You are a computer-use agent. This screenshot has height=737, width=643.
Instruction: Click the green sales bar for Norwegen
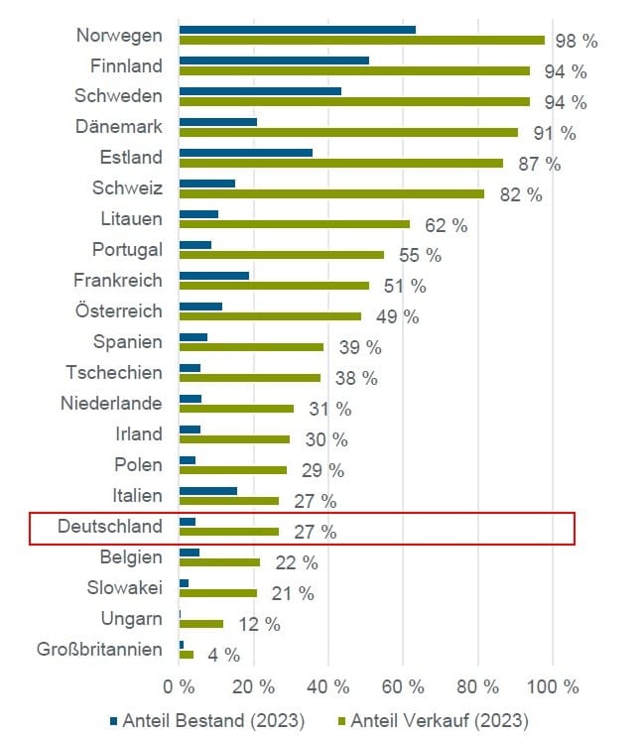[362, 41]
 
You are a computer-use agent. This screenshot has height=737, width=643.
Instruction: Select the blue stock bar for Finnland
[274, 61]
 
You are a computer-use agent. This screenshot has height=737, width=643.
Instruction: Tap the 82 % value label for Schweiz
[522, 194]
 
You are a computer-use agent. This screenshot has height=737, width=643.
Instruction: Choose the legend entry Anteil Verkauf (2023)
[434, 719]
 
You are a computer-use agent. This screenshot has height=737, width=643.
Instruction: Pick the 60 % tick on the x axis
[404, 685]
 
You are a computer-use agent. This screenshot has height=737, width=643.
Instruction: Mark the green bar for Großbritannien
[187, 654]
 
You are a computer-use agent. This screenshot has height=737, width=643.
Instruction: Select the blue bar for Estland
[246, 153]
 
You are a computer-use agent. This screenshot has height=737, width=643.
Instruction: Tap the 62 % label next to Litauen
[447, 225]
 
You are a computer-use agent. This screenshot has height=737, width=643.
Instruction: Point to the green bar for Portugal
[282, 255]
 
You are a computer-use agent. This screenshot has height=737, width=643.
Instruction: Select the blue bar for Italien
[208, 490]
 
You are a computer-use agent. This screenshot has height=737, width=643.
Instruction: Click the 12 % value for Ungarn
[259, 624]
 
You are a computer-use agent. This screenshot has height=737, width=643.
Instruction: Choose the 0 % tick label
[180, 685]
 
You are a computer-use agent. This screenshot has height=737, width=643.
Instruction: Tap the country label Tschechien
[114, 372]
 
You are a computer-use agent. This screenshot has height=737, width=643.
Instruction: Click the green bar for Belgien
[220, 562]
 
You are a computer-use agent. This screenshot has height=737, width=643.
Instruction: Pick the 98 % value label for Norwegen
[577, 41]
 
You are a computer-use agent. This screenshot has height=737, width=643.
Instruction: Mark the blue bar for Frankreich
[214, 276]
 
